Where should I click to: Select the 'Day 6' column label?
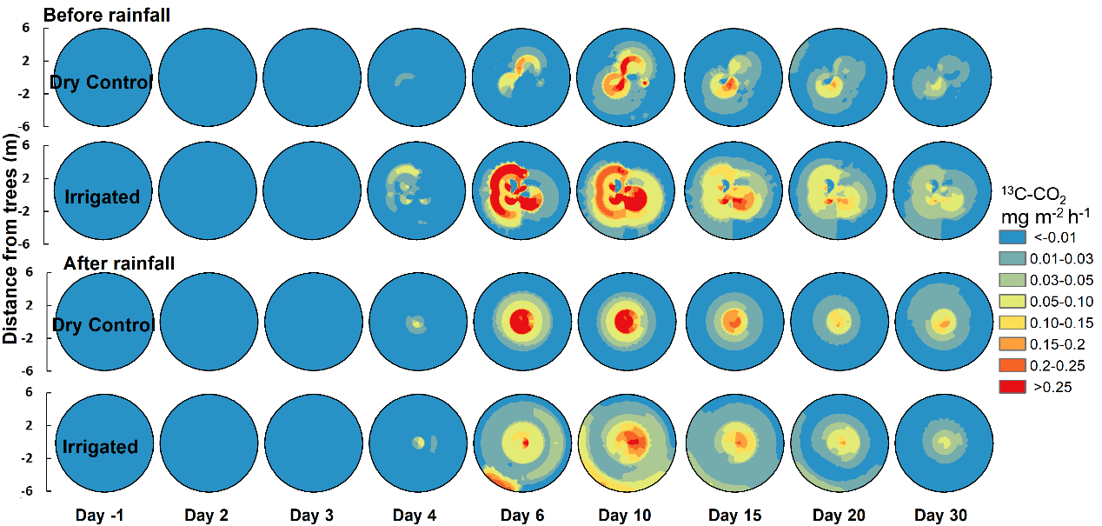pos(521,516)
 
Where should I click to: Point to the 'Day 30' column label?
pos(939,516)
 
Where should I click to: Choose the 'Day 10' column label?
pos(624,516)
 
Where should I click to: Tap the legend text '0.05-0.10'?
pos(1060,302)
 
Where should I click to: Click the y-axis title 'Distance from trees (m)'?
pos(11,239)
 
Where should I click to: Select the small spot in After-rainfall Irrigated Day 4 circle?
pos(419,443)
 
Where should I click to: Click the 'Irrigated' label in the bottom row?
pos(100,447)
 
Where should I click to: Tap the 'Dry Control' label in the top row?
pos(101,83)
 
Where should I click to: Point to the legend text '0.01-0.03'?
pos(1060,258)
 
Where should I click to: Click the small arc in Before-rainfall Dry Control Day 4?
pos(404,80)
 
